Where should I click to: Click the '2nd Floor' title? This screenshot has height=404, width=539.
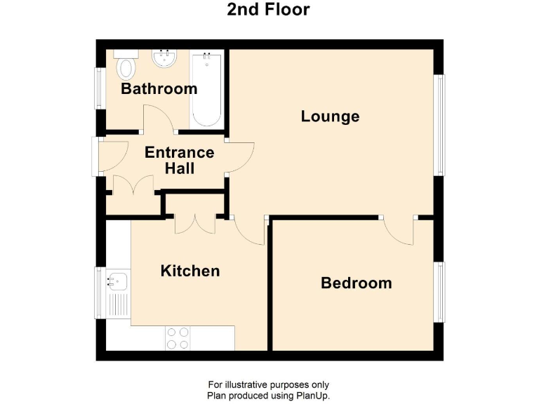269,10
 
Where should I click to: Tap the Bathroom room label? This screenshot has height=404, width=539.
159,89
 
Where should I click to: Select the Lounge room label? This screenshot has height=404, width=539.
330,116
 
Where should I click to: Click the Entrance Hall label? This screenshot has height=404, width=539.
179,161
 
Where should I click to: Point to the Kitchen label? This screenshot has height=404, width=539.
190,271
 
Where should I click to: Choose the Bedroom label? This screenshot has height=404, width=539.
356,283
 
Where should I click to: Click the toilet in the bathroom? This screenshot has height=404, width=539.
126,66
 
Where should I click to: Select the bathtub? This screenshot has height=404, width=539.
206,90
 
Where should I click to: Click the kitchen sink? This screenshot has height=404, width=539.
117,282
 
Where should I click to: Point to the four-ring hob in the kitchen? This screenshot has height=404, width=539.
177,339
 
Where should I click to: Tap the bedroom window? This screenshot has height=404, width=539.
440,291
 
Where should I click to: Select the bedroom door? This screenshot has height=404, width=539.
399,229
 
